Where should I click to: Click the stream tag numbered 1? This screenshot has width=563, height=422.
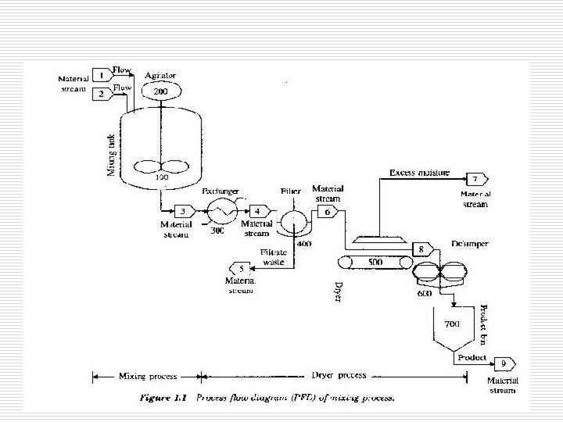[102, 75]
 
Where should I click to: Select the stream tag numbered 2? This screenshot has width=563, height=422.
[102, 94]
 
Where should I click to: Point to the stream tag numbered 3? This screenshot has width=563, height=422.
[183, 210]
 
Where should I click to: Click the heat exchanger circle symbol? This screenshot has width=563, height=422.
[221, 210]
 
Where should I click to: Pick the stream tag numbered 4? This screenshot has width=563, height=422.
[257, 210]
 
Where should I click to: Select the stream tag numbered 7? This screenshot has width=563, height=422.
[475, 179]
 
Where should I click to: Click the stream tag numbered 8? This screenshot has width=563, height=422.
[422, 249]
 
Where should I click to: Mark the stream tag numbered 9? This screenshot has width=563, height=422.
[503, 363]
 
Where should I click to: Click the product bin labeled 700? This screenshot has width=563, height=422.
[453, 323]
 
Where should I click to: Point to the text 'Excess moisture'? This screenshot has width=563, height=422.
[420, 171]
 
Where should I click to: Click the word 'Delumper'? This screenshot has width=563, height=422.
[470, 244]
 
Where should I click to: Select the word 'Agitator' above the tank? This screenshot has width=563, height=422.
[160, 75]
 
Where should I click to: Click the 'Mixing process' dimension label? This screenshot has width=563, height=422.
[146, 376]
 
